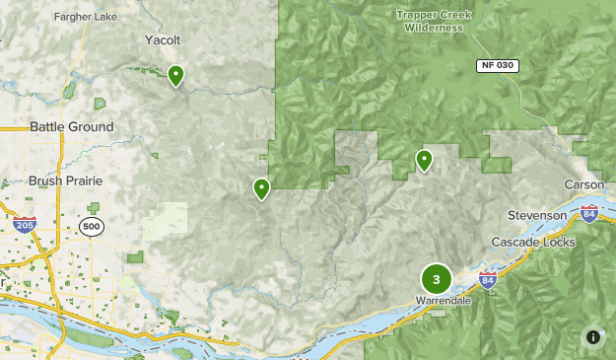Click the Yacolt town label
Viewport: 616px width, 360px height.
(162, 40)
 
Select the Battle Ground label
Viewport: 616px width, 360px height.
(71, 127)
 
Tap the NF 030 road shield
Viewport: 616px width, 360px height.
(499, 65)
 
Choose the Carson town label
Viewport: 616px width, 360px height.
(582, 185)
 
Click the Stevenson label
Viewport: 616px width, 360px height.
(537, 215)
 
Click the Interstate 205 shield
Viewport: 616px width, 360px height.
(26, 226)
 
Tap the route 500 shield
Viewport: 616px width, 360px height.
(93, 227)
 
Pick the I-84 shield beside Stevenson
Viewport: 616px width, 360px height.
(588, 214)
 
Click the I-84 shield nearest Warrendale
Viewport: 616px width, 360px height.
(488, 280)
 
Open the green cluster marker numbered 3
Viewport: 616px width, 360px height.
(436, 279)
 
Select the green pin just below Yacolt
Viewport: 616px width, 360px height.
(175, 75)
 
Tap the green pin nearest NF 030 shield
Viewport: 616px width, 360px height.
(424, 160)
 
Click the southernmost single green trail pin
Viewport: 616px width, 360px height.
(261, 188)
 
